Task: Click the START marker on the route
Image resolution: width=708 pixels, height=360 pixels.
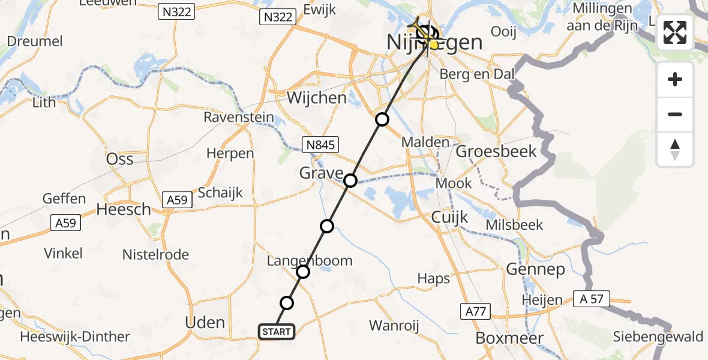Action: click(x=276, y=332)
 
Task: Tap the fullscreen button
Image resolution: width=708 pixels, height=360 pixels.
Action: click(x=675, y=32)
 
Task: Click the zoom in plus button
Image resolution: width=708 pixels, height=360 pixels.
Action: click(x=675, y=80)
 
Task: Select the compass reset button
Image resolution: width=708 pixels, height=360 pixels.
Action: click(x=675, y=149)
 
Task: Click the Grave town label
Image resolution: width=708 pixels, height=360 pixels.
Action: click(x=322, y=174)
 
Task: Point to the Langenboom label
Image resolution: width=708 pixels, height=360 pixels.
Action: click(x=309, y=260)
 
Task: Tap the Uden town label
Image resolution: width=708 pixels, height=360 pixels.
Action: click(x=205, y=322)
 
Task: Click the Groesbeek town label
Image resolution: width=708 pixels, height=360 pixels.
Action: click(x=496, y=151)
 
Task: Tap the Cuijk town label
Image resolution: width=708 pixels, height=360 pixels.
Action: click(x=449, y=218)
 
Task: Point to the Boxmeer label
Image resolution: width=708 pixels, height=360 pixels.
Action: click(x=509, y=338)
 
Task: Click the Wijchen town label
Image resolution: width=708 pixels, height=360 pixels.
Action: click(x=317, y=97)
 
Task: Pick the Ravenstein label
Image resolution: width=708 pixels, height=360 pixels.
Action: click(x=239, y=117)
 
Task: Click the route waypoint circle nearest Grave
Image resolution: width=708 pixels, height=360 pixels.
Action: click(x=350, y=180)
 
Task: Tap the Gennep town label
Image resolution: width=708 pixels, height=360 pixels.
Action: click(x=536, y=269)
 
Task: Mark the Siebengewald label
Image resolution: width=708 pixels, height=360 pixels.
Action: click(x=658, y=337)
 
